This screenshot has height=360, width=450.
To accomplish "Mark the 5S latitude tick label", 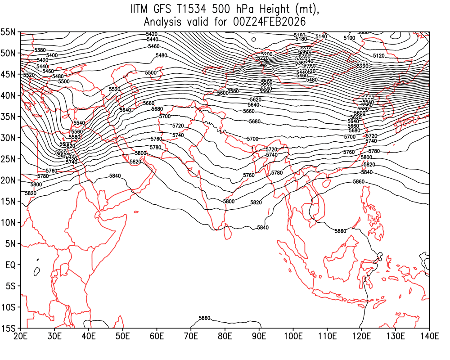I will click(x=10, y=286).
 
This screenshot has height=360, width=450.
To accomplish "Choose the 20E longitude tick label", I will click(x=20, y=336).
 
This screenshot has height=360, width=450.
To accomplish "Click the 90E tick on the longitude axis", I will click(x=259, y=336).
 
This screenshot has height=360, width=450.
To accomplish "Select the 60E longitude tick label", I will click(x=157, y=336).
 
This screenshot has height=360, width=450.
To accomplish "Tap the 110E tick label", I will click(x=327, y=336).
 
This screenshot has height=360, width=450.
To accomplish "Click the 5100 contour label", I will click(x=349, y=38).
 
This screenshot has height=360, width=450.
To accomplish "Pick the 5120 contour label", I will click(x=379, y=56).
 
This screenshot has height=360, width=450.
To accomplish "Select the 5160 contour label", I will click(x=300, y=35).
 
